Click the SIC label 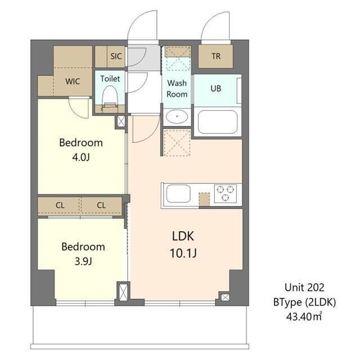pyautogui.click(x=116, y=56)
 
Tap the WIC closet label pyautogui.click(x=73, y=81)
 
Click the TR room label pyautogui.click(x=216, y=56)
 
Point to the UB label pyautogui.click(x=216, y=88)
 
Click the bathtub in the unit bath pyautogui.click(x=218, y=122)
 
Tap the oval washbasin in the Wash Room pyautogui.click(x=177, y=116)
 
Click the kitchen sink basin pyautogui.click(x=178, y=193)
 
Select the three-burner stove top pyautogui.click(x=226, y=193)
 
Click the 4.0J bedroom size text pyautogui.click(x=81, y=157)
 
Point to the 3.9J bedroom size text pyautogui.click(x=83, y=261)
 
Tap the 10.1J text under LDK pyautogui.click(x=183, y=253)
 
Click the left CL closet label pyautogui.click(x=60, y=205)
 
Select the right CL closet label pyautogui.click(x=101, y=205)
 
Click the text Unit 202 pyautogui.click(x=304, y=287)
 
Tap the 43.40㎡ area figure pyautogui.click(x=304, y=317)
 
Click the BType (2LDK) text pyautogui.click(x=304, y=303)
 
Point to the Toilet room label pyautogui.click(x=110, y=79)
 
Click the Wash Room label pyautogui.click(x=177, y=88)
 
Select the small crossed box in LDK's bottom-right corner pyautogui.click(x=225, y=298)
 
